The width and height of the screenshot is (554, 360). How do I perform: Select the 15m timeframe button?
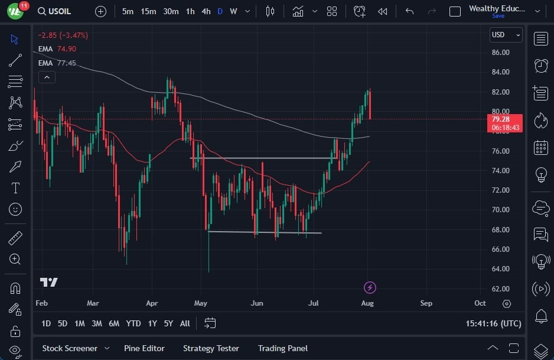coord(148,11)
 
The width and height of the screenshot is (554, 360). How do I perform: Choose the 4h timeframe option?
coord(206,11)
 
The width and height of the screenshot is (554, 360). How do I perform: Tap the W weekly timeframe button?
coord(233,11)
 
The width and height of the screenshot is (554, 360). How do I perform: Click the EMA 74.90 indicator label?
coord(57,49)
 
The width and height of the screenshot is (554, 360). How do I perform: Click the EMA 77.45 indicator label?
coord(57,63)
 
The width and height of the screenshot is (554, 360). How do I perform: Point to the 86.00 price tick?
coord(500,53)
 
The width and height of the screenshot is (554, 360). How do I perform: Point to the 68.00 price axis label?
coord(500,229)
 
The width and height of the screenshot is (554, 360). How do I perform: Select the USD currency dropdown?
coord(506,35)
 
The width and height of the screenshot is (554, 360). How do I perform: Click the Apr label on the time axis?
coord(152,303)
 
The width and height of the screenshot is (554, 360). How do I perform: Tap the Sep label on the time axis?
coord(426,303)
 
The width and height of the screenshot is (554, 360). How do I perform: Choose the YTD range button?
coord(133,323)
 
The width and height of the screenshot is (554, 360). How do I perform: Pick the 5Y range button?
coord(168,323)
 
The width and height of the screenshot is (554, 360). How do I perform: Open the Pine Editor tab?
coord(144,348)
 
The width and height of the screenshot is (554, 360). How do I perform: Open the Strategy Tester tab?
coord(211,348)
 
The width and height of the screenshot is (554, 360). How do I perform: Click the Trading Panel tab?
coord(282,348)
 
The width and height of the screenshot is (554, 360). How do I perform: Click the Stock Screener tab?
coord(69,348)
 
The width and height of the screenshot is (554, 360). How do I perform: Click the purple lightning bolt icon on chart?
coord(370,288)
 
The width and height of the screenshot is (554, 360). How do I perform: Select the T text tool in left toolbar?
coord(15,189)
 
